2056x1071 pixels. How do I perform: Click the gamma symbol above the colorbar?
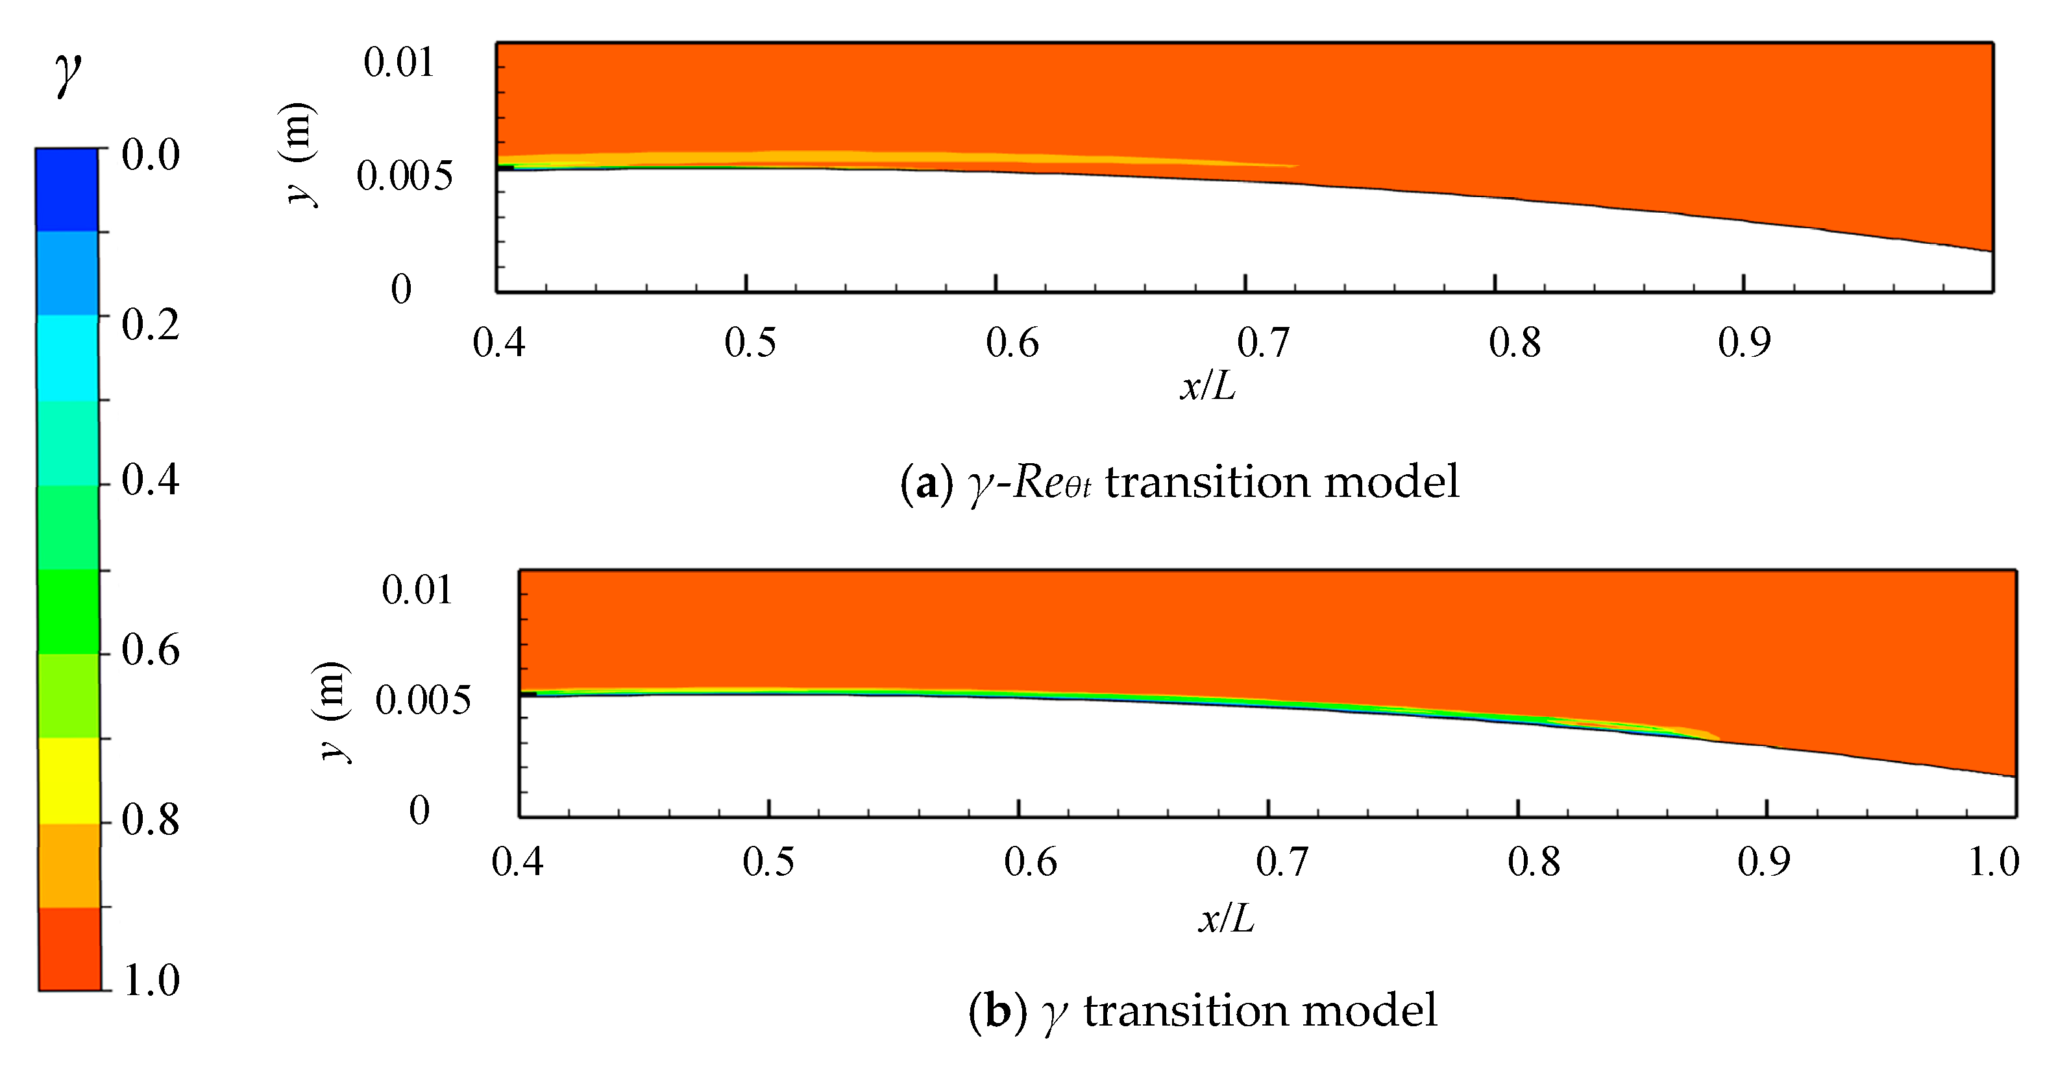tap(68, 73)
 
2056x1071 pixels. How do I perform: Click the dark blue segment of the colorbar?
tap(67, 190)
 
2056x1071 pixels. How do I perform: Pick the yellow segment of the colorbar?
tap(69, 780)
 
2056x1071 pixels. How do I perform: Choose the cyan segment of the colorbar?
tap(68, 357)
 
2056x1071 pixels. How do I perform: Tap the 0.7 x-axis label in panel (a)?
tap(1263, 343)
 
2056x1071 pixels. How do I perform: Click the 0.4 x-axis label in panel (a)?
tap(499, 343)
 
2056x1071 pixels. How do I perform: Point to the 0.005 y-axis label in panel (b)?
tap(423, 700)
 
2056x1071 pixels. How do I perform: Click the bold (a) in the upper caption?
tap(926, 483)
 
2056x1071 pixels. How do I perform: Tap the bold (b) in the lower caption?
tap(997, 1011)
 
